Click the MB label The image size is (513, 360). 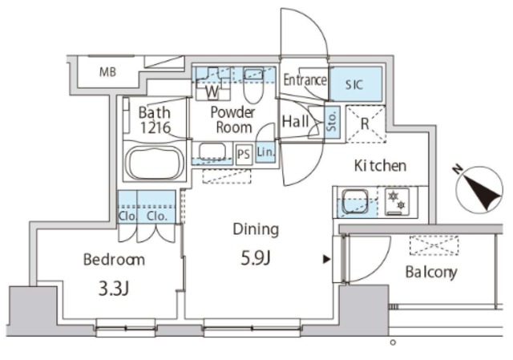pyautogui.click(x=107, y=72)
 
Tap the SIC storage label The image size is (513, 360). pyautogui.click(x=354, y=85)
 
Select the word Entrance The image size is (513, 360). pyautogui.click(x=305, y=80)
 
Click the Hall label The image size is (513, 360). pyautogui.click(x=296, y=121)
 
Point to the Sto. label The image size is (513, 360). pyautogui.click(x=332, y=121)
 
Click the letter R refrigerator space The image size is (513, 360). pyautogui.click(x=365, y=123)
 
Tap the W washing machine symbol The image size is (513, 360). pyautogui.click(x=212, y=91)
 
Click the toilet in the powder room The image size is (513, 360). pyautogui.click(x=253, y=86)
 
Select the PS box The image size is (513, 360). pyautogui.click(x=244, y=153)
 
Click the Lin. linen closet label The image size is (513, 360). pyautogui.click(x=265, y=152)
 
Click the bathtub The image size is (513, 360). pyautogui.click(x=155, y=163)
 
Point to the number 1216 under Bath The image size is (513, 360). pyautogui.click(x=156, y=127)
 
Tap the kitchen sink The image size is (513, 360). pyautogui.click(x=355, y=201)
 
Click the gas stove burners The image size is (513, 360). pyautogui.click(x=397, y=201)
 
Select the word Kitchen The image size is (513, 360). pyautogui.click(x=380, y=166)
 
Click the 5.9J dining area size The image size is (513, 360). pyautogui.click(x=256, y=259)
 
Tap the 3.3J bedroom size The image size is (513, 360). pyautogui.click(x=114, y=289)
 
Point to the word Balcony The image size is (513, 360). pyautogui.click(x=431, y=273)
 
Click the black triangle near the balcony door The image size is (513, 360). pyautogui.click(x=326, y=260)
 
